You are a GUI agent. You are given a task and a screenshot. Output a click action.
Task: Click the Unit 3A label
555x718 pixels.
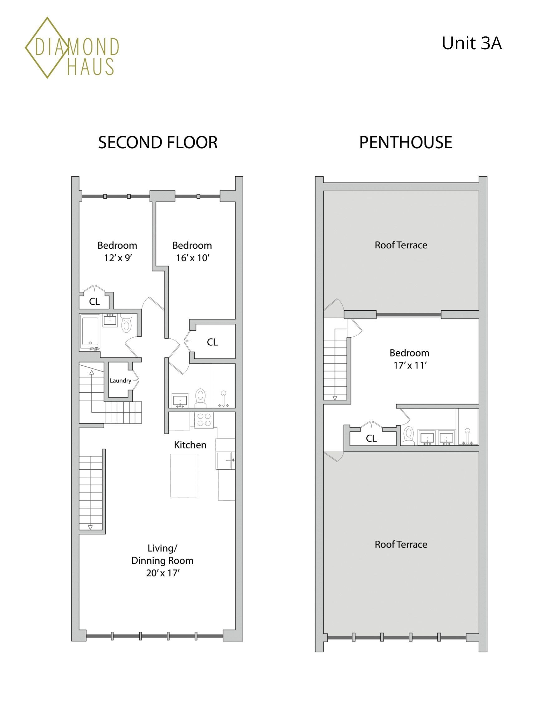[471, 43]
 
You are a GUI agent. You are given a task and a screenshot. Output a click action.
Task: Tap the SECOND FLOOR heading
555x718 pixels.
[157, 142]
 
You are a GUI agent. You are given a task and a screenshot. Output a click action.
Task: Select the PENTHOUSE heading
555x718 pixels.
[405, 142]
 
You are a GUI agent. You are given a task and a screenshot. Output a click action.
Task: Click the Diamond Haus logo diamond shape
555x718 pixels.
[47, 48]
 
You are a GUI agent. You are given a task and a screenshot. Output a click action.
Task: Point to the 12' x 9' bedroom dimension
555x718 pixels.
[118, 258]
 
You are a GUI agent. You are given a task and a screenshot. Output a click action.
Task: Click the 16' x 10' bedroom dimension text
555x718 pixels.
[193, 258]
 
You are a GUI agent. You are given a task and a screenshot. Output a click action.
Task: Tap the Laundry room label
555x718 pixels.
[120, 381]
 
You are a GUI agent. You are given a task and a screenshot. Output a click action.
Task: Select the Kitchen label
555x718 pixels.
[190, 445]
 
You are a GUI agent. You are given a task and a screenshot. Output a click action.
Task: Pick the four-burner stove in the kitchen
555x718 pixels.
[204, 420]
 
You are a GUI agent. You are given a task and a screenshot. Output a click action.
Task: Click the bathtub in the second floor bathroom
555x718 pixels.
[90, 331]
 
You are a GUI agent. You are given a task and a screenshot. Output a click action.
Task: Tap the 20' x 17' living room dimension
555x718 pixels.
[162, 573]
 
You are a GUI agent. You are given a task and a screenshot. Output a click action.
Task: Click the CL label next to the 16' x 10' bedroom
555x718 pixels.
[212, 342]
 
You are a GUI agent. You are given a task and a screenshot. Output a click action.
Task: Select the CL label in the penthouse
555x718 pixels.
[371, 438]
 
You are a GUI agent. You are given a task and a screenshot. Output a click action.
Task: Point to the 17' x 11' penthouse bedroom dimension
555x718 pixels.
[410, 365]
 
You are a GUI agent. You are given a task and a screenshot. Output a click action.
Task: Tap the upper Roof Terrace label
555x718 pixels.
[401, 245]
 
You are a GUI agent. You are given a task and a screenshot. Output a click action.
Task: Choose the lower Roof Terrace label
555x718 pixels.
[401, 544]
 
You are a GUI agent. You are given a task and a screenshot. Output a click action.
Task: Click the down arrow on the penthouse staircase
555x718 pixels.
[335, 398]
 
